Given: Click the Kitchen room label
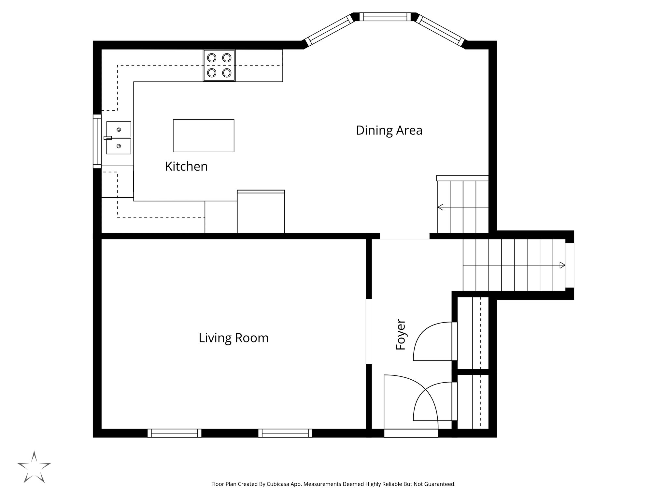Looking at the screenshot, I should click(x=186, y=166).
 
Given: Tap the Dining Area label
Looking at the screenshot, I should click(x=389, y=130).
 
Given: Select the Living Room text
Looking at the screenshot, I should click(x=234, y=338).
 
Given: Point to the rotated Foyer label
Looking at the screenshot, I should click(x=401, y=335).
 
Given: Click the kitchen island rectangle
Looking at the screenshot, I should click(x=204, y=136).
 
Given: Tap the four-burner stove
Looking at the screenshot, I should click(x=219, y=65).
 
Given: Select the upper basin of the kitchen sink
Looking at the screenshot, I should click(x=119, y=129).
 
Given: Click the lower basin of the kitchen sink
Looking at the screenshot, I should click(x=119, y=146).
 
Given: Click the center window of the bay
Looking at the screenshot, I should click(x=385, y=17).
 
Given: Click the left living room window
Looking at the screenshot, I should click(x=175, y=433).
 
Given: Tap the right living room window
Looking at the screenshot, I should click(x=285, y=433).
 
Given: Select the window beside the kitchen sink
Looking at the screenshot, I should click(x=97, y=142).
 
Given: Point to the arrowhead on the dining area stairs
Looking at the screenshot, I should click(x=441, y=207).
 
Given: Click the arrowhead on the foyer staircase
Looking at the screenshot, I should click(x=562, y=265).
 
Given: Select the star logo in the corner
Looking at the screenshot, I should click(x=34, y=467).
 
